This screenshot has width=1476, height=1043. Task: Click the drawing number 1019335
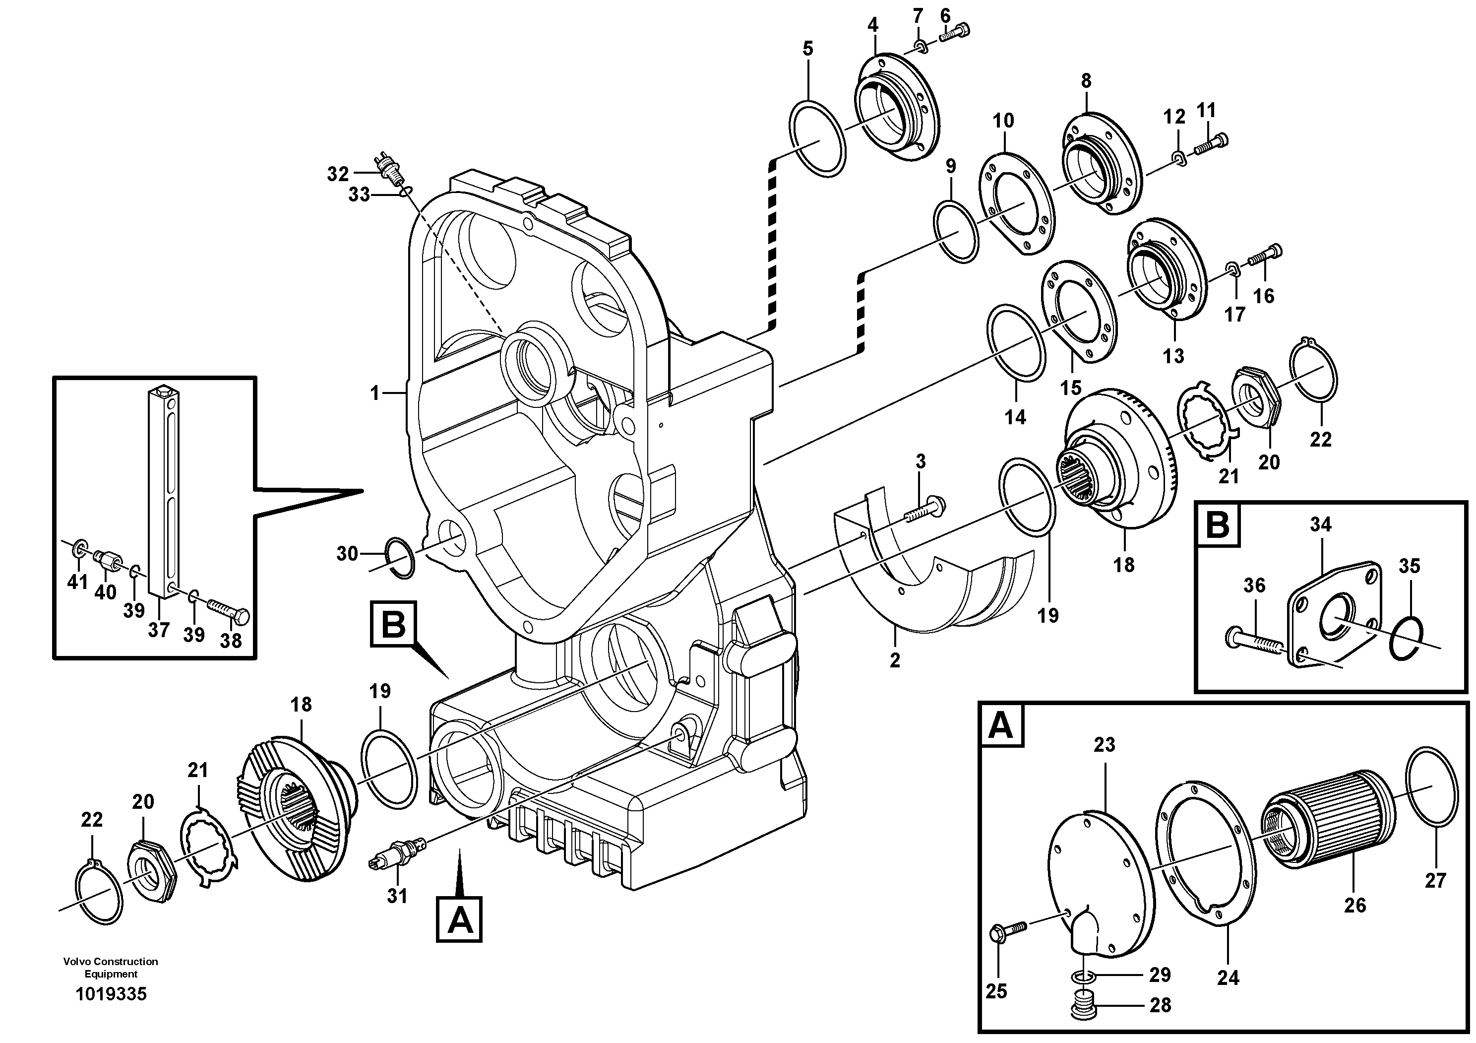(x=111, y=994)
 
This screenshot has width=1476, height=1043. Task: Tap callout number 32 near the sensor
(x=337, y=174)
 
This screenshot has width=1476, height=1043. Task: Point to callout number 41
(x=78, y=582)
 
